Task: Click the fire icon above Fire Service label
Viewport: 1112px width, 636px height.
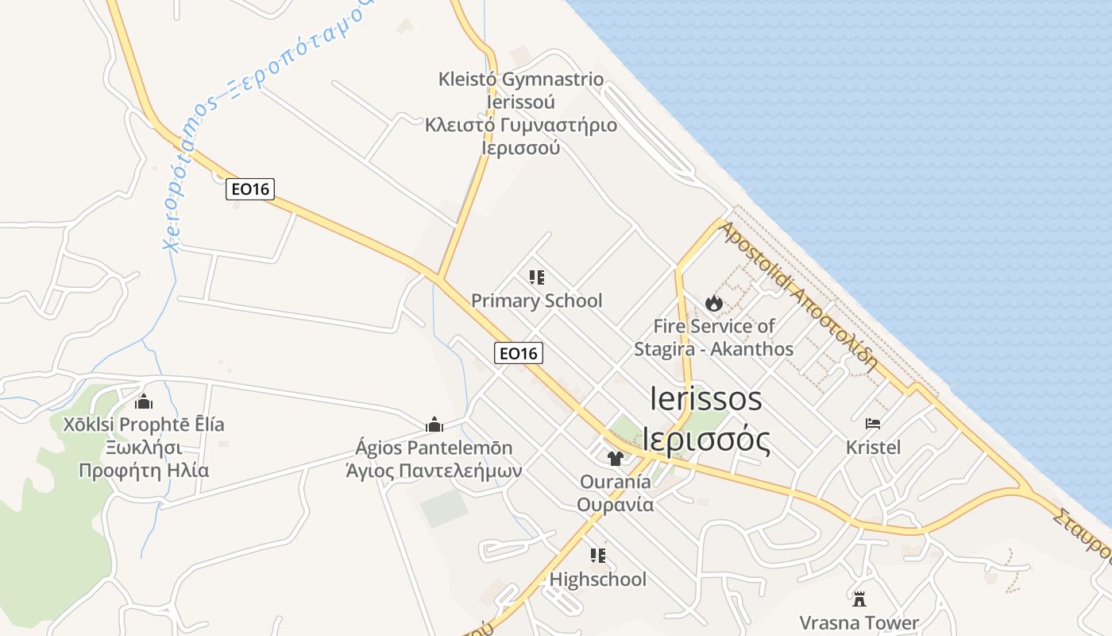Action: click(713, 303)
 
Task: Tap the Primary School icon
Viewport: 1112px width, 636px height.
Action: click(537, 277)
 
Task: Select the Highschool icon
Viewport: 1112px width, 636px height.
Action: click(598, 556)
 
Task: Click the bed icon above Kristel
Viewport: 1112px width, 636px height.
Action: click(873, 424)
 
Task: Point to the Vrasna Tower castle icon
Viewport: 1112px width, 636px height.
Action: click(859, 598)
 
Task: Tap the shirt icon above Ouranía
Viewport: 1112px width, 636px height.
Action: click(615, 458)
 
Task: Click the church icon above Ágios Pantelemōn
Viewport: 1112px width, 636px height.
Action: click(434, 425)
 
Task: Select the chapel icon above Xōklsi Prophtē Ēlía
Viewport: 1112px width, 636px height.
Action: click(144, 401)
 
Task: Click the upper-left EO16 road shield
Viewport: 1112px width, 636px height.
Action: click(250, 189)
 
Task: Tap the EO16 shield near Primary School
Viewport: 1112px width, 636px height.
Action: click(519, 353)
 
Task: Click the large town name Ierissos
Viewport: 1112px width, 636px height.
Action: click(705, 398)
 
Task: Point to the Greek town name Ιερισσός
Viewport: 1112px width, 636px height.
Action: click(706, 440)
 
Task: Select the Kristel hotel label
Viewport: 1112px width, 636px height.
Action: click(873, 448)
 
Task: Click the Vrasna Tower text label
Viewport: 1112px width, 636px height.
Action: click(859, 622)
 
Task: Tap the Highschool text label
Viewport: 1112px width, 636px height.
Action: click(598, 580)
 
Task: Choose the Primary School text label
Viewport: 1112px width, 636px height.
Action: click(537, 301)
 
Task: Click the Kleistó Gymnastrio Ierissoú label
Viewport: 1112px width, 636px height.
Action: click(521, 91)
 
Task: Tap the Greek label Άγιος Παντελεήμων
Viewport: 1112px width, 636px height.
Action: click(434, 471)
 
